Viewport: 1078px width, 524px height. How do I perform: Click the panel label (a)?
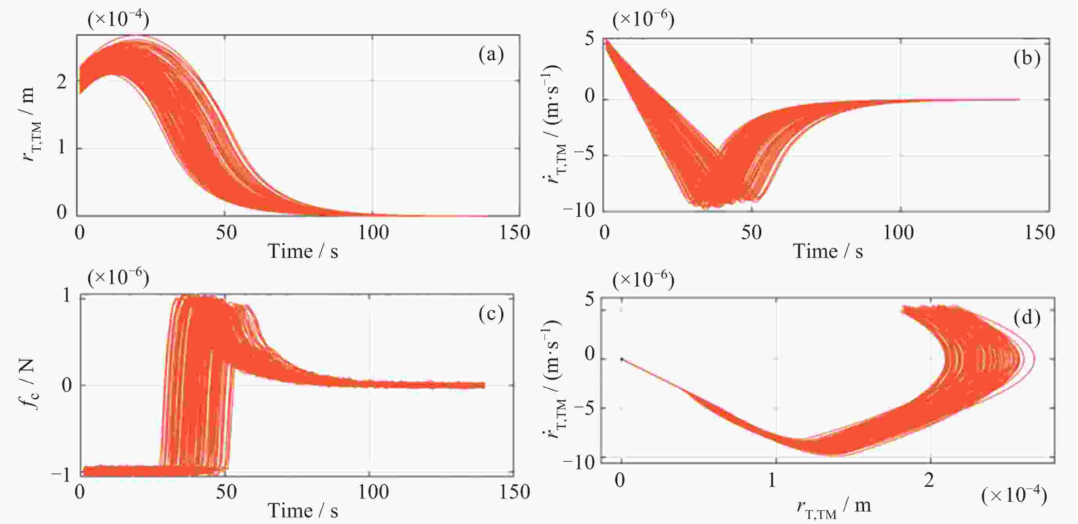pyautogui.click(x=491, y=55)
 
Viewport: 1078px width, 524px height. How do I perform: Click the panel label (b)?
pyautogui.click(x=1026, y=58)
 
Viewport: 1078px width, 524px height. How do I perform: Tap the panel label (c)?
pyautogui.click(x=491, y=314)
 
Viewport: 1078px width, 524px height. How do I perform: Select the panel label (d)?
pyautogui.click(x=1026, y=318)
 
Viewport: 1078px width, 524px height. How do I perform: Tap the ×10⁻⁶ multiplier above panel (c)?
pyautogui.click(x=118, y=277)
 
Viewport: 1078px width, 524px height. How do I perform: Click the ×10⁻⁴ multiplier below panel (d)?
pyautogui.click(x=1014, y=495)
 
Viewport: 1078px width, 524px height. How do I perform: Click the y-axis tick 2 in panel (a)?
pyautogui.click(x=61, y=82)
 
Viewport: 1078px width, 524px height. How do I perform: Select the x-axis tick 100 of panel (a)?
pyautogui.click(x=373, y=233)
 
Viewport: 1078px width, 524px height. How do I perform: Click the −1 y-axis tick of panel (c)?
pyautogui.click(x=61, y=475)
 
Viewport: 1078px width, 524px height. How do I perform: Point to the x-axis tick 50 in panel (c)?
pyautogui.click(x=226, y=492)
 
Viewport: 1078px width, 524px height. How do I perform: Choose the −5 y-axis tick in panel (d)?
pyautogui.click(x=585, y=408)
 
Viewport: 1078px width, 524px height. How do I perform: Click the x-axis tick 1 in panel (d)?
pyautogui.click(x=773, y=481)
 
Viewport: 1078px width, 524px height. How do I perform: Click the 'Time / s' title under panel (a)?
pyautogui.click(x=303, y=252)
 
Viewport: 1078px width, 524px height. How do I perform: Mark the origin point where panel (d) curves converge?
pyautogui.click(x=622, y=359)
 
